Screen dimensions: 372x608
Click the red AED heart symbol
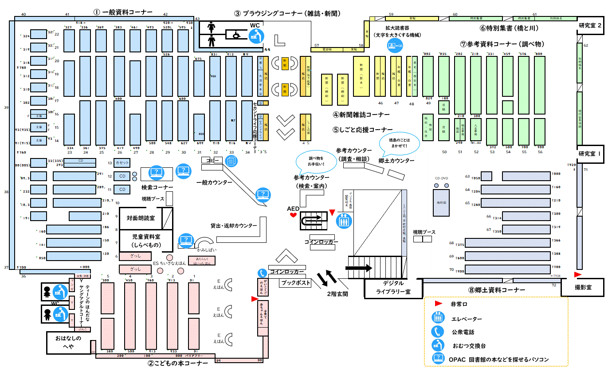[293, 215]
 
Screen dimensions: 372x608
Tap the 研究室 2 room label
[590, 26]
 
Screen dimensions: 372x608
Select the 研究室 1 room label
[590, 154]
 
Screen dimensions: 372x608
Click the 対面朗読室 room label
[141, 218]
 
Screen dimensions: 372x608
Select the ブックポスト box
[297, 283]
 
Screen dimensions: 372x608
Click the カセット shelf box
[122, 163]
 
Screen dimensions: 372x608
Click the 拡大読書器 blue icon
[394, 46]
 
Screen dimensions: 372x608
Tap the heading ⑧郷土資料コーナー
[496, 290]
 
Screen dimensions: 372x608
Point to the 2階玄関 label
[337, 293]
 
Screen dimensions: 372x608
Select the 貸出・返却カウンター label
[234, 226]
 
